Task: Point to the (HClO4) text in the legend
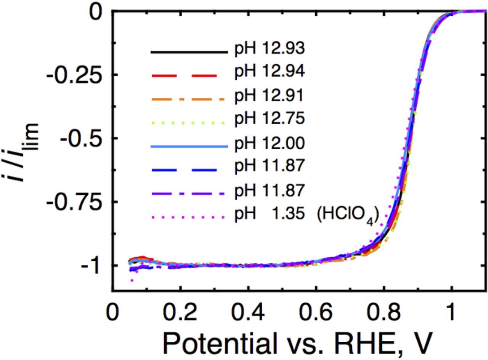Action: [x=347, y=215]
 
